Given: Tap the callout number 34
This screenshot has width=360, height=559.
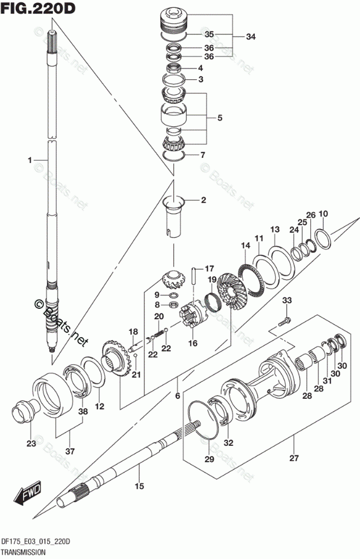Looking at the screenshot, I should pyautogui.click(x=251, y=37).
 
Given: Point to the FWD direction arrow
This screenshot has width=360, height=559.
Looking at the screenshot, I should pyautogui.click(x=26, y=495).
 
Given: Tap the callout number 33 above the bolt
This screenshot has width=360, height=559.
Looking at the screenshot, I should pyautogui.click(x=286, y=300).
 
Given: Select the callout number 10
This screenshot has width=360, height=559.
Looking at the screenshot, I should pyautogui.click(x=323, y=213).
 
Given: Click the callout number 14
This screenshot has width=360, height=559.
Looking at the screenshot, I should pyautogui.click(x=246, y=245).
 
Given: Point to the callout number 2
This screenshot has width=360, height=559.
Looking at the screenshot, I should pyautogui.click(x=203, y=200).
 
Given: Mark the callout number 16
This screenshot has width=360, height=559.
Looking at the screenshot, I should pyautogui.click(x=193, y=343).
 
